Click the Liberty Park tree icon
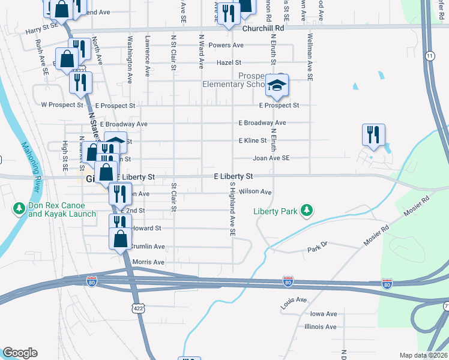307,210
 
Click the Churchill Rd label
263,28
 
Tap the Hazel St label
229,62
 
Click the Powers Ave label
226,45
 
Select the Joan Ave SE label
271,158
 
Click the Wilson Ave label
256,192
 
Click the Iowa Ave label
324,314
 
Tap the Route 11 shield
430,56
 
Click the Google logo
20,353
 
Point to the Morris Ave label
148,262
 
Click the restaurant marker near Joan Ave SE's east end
374,136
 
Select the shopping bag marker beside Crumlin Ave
121,239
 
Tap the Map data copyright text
423,355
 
